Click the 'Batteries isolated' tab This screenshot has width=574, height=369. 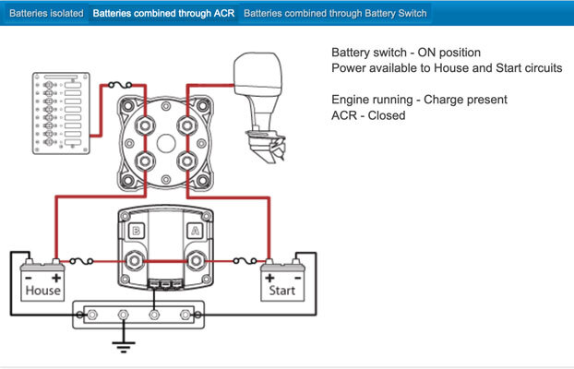pyautogui.click(x=46, y=14)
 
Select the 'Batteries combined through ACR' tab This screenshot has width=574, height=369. pyautogui.click(x=163, y=14)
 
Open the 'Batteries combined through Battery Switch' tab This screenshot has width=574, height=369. pyautogui.click(x=335, y=14)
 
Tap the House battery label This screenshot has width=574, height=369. pyautogui.click(x=42, y=291)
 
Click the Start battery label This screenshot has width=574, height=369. pyautogui.click(x=281, y=291)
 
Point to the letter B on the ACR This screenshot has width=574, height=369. pyautogui.click(x=137, y=231)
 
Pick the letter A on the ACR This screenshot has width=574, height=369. pyautogui.click(x=195, y=231)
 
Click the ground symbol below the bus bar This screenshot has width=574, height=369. pyautogui.click(x=124, y=346)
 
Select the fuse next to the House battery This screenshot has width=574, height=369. pyautogui.click(x=81, y=261)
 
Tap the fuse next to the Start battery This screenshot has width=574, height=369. pyautogui.click(x=245, y=261)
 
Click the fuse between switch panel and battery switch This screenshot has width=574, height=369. pyautogui.click(x=120, y=85)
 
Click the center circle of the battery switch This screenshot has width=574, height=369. pyautogui.click(x=166, y=144)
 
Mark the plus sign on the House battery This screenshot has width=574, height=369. pyautogui.click(x=56, y=279)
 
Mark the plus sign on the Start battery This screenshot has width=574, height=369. pyautogui.click(x=269, y=279)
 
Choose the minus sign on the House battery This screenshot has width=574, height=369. pyautogui.click(x=29, y=279)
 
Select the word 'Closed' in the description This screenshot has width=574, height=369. pyautogui.click(x=387, y=115)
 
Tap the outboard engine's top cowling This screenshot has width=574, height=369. pyautogui.click(x=258, y=74)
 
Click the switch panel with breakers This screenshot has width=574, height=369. pyautogui.click(x=61, y=113)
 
